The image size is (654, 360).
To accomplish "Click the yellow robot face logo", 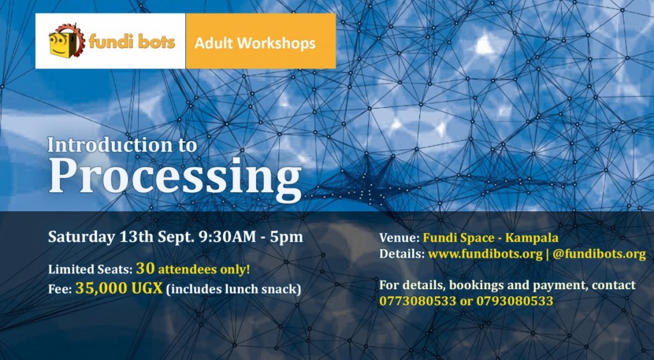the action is (66, 41).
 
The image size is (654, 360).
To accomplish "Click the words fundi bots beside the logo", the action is (132, 42).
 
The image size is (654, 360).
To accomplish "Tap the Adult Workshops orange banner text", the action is (255, 43).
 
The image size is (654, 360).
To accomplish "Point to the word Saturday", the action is (81, 237).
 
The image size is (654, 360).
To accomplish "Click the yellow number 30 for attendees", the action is (145, 268).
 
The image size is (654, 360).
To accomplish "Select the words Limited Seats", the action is (90, 269).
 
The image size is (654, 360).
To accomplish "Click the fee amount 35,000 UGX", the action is (119, 288).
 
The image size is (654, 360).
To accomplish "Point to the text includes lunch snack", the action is (234, 289).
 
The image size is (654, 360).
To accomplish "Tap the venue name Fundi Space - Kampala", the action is (490, 238).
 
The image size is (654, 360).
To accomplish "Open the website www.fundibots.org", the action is (485, 254).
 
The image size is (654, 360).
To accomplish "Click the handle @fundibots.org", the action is (599, 254).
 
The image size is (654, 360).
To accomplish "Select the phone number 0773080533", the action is (418, 301).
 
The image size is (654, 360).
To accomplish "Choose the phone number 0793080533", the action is (515, 301).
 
